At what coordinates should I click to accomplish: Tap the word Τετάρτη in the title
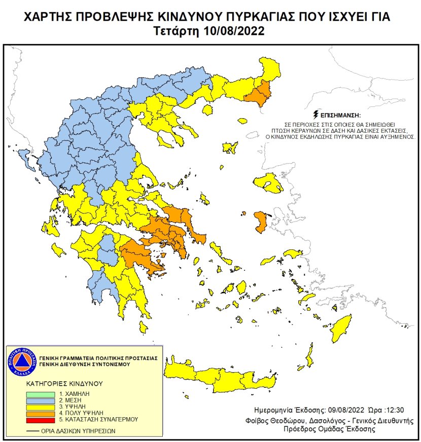178,31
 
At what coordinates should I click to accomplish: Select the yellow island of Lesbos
269,183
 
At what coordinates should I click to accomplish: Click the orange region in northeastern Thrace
259,95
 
